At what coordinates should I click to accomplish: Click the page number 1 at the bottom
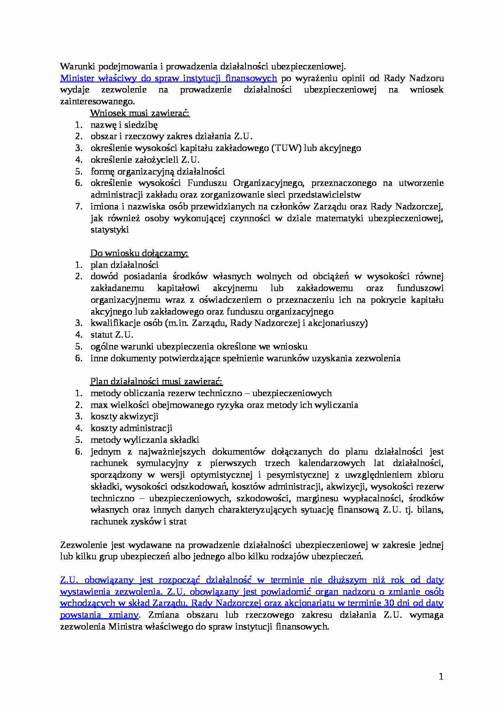[441, 676]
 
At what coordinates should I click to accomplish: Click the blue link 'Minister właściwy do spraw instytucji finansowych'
[168, 78]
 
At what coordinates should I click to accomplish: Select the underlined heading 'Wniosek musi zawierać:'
[140, 113]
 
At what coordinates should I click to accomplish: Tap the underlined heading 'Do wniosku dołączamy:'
[139, 253]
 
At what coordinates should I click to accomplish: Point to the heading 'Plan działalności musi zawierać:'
[156, 382]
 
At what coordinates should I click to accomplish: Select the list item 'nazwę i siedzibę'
[124, 125]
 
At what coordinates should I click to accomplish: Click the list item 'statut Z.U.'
[112, 335]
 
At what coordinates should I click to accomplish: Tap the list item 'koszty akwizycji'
[124, 416]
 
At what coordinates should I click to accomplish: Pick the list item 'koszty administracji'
[131, 428]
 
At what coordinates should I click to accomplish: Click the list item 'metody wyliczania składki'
[145, 440]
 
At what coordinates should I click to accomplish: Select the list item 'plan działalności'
[124, 265]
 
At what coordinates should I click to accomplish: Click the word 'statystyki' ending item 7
[109, 230]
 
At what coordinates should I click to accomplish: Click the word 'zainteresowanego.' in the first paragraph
[97, 101]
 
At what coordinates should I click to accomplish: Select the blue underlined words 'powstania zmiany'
[99, 615]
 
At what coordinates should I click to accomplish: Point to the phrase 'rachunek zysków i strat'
[138, 522]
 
